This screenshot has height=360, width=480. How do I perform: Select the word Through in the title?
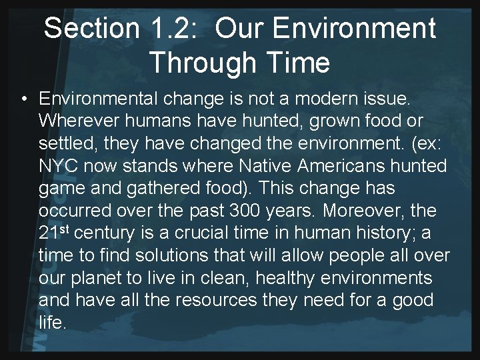pos(201,63)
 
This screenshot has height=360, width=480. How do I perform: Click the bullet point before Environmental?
pos(23,99)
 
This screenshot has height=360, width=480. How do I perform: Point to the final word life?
pos(53,323)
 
